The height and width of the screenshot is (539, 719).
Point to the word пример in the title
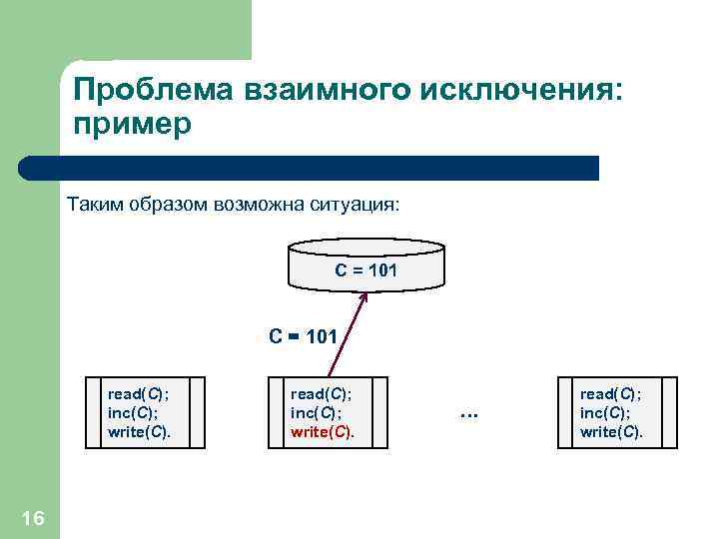point(131,127)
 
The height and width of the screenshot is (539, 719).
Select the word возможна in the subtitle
point(259,206)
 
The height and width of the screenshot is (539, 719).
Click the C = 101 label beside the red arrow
point(304,335)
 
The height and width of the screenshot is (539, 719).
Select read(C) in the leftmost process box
point(139,394)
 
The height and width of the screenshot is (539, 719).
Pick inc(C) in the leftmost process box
point(134,413)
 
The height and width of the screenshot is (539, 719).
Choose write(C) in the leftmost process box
point(140,432)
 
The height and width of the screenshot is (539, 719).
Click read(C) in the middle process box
point(322,394)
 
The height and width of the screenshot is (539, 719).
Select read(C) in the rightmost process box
point(611,394)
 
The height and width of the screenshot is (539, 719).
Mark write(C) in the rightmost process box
point(612,432)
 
